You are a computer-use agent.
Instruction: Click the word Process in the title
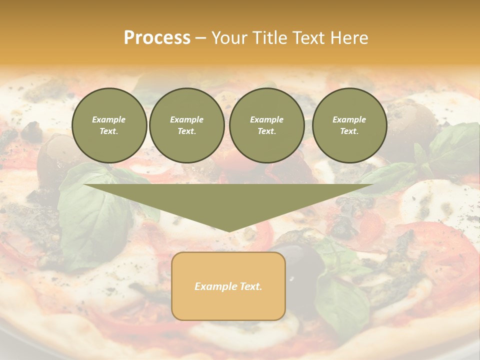[157, 38]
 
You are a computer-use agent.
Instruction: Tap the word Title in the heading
[268, 38]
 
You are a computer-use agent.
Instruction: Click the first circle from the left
[109, 125]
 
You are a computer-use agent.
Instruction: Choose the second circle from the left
[187, 125]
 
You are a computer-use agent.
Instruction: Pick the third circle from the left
[266, 125]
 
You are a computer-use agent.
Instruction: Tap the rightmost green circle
[349, 125]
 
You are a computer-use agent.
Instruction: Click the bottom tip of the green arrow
[229, 230]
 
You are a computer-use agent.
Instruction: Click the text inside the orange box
[228, 286]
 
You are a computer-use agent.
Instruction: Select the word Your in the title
[227, 38]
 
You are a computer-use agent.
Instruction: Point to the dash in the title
[200, 38]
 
